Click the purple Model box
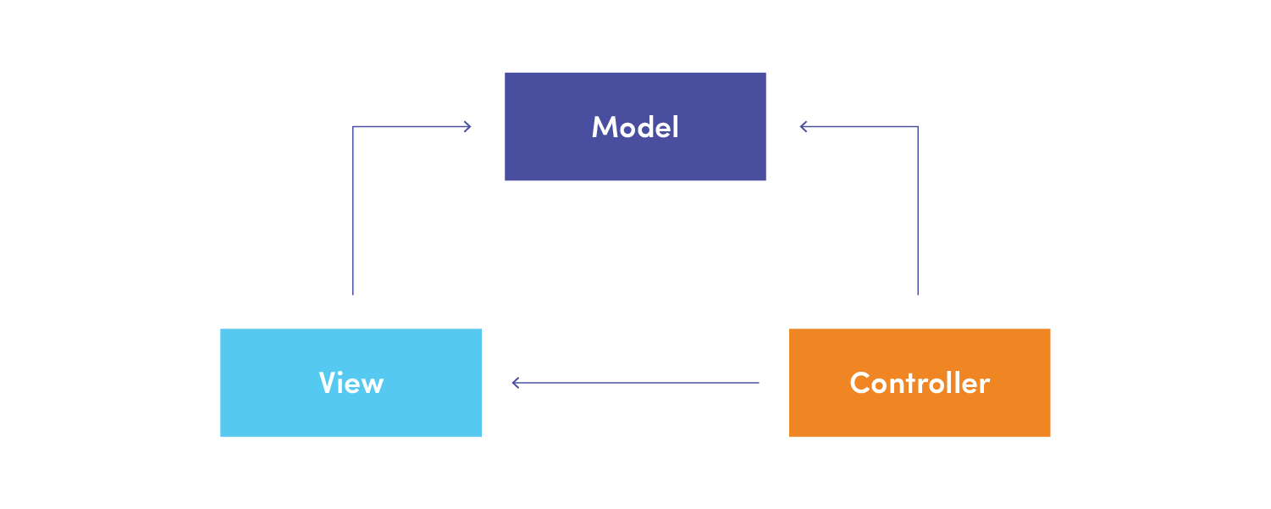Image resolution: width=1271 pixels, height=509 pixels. [635, 126]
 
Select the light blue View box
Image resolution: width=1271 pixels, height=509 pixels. [351, 383]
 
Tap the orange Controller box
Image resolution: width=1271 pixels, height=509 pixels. [920, 383]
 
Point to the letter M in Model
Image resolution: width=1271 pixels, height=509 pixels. [604, 126]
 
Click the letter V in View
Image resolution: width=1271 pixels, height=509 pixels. [329, 382]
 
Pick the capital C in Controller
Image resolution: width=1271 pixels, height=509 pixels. [860, 383]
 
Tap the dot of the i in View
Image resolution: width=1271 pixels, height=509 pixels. [345, 373]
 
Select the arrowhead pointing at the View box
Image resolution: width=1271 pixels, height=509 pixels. [516, 383]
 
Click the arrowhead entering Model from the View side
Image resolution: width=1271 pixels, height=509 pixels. [467, 126]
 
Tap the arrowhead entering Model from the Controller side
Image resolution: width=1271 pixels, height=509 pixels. [804, 126]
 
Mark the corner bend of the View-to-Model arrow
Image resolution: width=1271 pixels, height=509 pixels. [353, 126]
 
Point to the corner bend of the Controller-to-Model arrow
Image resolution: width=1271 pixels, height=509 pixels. [918, 126]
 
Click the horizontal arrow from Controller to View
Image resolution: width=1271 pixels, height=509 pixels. [635, 383]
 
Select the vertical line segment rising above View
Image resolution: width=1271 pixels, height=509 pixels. [353, 211]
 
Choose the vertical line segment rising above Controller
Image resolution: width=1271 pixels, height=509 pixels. [918, 211]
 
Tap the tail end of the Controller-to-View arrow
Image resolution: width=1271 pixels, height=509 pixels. [759, 383]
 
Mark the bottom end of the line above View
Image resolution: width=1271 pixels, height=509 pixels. [353, 295]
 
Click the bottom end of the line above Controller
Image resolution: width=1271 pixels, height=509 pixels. [918, 295]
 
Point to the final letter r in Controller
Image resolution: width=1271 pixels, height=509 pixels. [985, 386]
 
